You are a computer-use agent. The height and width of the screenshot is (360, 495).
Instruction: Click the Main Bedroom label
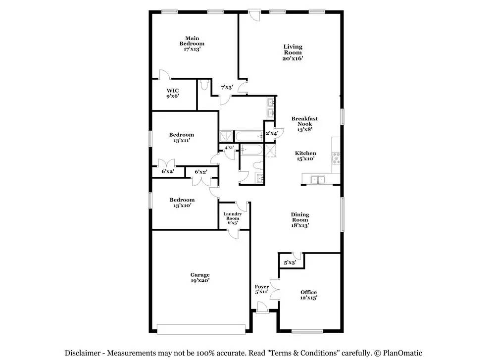coord(192,44)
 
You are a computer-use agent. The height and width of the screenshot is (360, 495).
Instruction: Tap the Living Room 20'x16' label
coord(293,52)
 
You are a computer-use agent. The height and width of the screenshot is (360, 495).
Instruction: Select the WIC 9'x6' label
coord(173,93)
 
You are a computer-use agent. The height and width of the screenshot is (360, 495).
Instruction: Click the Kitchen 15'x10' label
coord(305,155)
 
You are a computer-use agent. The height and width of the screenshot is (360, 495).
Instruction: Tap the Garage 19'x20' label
coord(200,278)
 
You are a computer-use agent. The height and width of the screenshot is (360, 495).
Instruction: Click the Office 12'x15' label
coord(308,295)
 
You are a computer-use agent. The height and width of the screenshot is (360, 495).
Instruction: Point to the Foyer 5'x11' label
coord(262,289)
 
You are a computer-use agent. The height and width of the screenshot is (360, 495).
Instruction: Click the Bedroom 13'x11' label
coord(182,137)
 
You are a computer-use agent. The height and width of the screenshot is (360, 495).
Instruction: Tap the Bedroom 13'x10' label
coord(182,203)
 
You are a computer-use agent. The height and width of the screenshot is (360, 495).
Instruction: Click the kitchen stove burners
coord(336,157)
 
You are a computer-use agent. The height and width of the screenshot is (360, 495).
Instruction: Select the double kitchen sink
coord(318,179)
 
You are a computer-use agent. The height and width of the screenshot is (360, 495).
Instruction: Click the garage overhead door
coord(201,329)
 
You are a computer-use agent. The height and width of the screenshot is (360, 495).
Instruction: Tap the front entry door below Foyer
coord(262,308)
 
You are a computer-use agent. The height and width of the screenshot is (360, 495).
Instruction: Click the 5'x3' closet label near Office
coord(290,262)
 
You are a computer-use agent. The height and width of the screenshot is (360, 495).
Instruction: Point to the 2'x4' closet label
coord(271,133)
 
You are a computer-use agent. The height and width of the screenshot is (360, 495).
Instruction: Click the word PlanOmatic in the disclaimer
coord(402,353)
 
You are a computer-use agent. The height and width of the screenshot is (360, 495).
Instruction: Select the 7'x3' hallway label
coord(227,87)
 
